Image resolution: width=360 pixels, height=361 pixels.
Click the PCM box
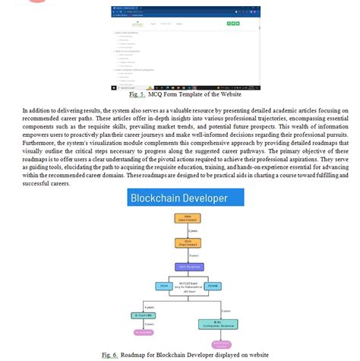click(163, 286)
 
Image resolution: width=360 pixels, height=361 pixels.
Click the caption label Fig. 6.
click(110, 355)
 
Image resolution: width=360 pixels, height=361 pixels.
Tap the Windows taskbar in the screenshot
click(184, 88)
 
